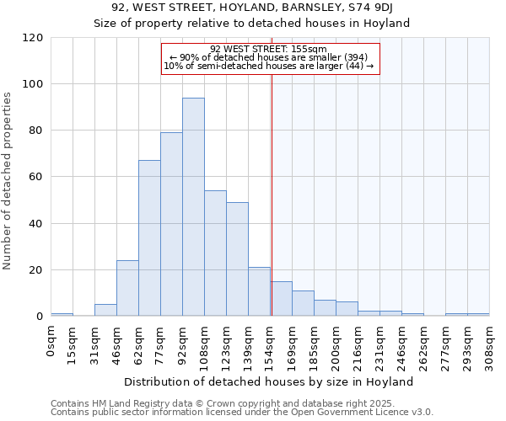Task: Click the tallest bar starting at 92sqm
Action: [193, 207]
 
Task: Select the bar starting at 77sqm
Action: [171, 224]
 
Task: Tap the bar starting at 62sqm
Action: [149, 238]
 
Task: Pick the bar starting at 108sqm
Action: [215, 253]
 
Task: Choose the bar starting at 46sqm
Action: [127, 289]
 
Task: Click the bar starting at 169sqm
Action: [303, 303]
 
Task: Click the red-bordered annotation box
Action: [270, 58]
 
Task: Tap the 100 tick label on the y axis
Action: [33, 84]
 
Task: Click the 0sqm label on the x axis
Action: [51, 343]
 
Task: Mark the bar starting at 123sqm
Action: [237, 259]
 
